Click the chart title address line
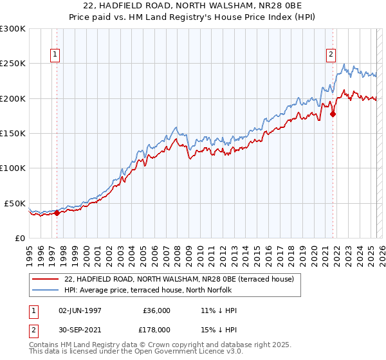pyautogui.click(x=193, y=6)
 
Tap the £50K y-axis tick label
pyautogui.click(x=15, y=203)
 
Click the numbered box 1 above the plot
pyautogui.click(x=56, y=55)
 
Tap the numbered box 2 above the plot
pyautogui.click(x=331, y=55)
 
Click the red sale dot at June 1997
pyautogui.click(x=57, y=213)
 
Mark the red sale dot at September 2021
pyautogui.click(x=333, y=114)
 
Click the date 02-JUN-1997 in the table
pyautogui.click(x=82, y=310)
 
